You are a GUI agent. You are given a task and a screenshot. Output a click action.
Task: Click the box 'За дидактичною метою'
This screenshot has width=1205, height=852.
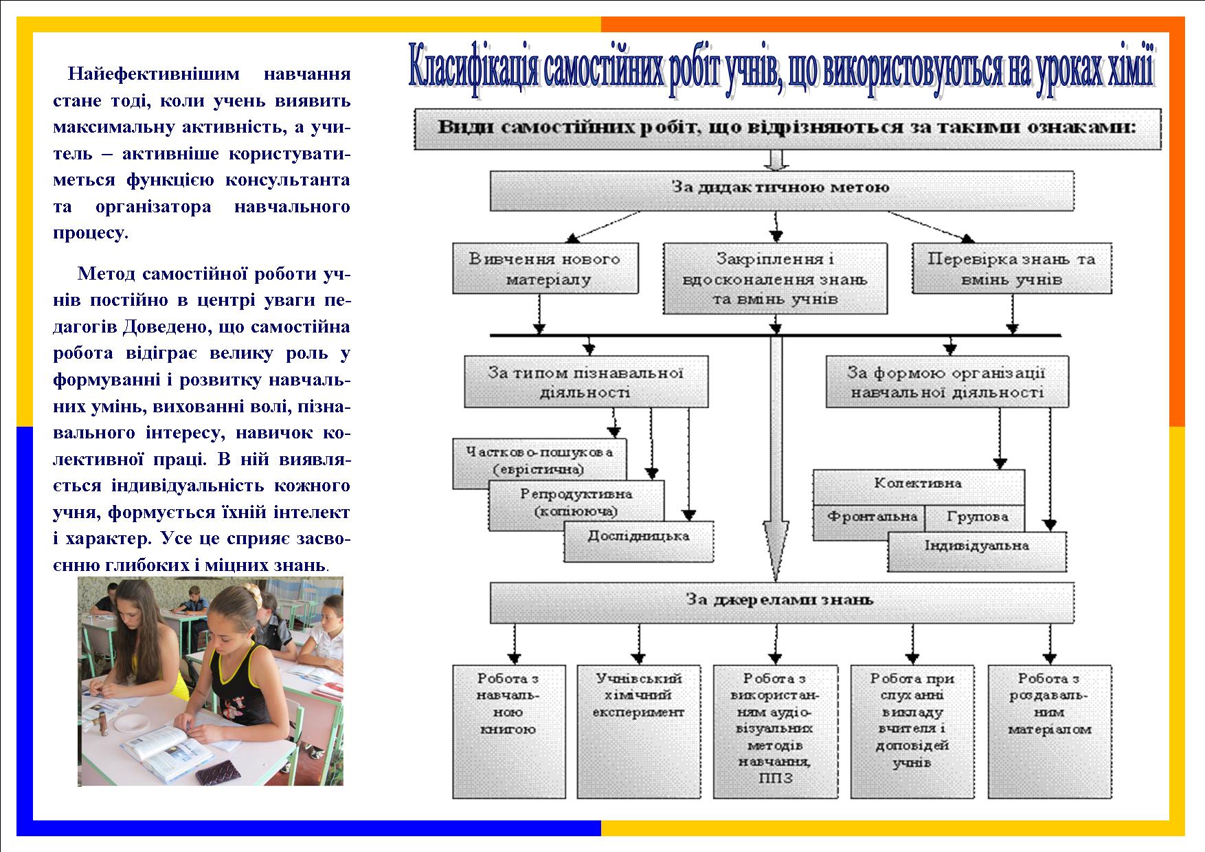point(782,190)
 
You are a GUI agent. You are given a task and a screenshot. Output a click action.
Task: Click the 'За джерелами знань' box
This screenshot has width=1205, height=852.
point(782,603)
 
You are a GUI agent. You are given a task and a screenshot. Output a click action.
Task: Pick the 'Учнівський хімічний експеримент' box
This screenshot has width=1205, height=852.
point(639,731)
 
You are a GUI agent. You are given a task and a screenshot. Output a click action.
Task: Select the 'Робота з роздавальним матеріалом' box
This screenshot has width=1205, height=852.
point(1050,731)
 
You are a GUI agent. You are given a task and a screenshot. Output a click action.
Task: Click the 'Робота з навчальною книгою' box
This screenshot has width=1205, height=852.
point(509,731)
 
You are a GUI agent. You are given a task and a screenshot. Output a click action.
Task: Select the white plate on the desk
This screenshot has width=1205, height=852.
point(135,723)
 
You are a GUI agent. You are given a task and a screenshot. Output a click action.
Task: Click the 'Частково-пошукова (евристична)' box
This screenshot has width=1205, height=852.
point(539,461)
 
